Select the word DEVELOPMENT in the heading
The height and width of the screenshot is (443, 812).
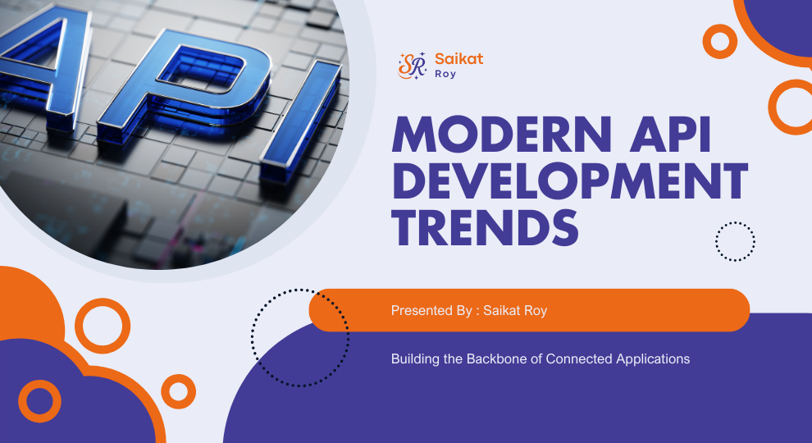click(x=570, y=182)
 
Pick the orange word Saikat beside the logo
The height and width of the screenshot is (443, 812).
click(x=459, y=59)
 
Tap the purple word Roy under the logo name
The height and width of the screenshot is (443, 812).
click(x=447, y=74)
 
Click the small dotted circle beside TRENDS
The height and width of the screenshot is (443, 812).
click(x=735, y=241)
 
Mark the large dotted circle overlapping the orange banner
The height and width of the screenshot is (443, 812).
click(x=300, y=337)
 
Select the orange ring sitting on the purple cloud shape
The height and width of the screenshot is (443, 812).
click(x=39, y=401)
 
